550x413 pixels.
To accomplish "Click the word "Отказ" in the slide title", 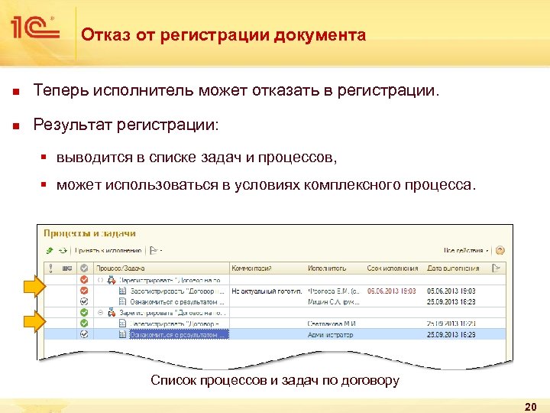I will pyautogui.click(x=101, y=35).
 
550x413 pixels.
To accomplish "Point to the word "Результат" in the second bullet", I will pyautogui.click(x=70, y=124).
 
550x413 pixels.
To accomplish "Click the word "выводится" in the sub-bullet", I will pyautogui.click(x=90, y=158).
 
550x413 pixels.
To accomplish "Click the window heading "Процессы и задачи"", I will pyautogui.click(x=90, y=233).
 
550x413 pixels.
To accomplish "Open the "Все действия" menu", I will pyautogui.click(x=465, y=249).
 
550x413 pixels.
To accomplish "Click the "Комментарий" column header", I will pyautogui.click(x=252, y=268).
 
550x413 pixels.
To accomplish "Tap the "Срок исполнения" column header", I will pyautogui.click(x=392, y=268).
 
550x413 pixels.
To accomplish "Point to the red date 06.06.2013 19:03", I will pyautogui.click(x=393, y=291).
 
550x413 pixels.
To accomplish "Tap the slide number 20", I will pyautogui.click(x=531, y=405).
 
